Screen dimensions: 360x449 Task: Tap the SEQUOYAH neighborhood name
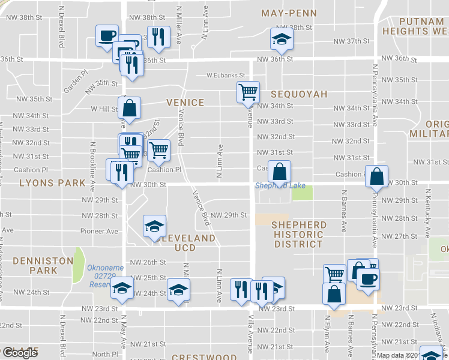298,94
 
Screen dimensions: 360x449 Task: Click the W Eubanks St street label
226,76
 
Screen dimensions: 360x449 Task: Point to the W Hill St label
104,109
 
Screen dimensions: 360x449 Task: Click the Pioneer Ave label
100,231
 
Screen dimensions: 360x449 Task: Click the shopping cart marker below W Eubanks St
248,92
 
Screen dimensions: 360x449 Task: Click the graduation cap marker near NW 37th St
281,38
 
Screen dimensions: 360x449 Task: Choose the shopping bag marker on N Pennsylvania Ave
376,176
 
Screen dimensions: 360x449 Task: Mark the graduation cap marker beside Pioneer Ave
154,226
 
